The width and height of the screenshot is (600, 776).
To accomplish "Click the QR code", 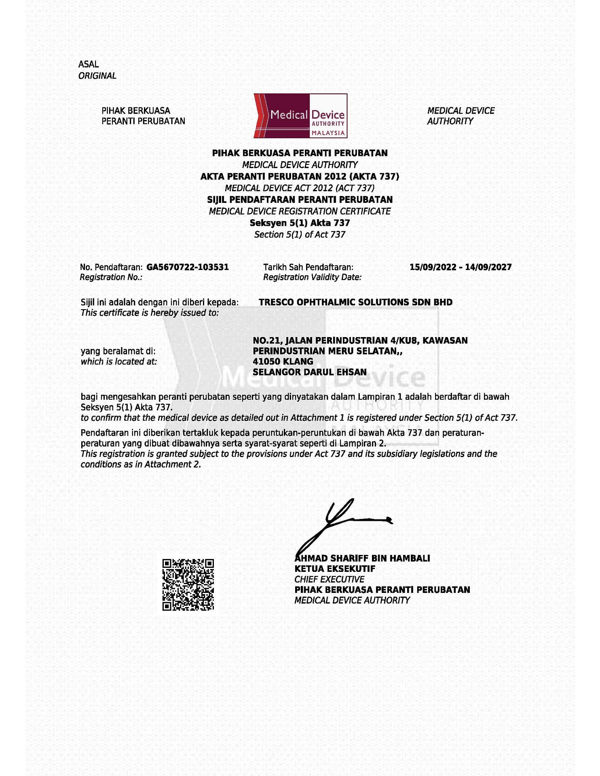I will coord(188,584).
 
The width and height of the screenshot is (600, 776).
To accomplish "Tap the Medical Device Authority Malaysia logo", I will coord(300,116).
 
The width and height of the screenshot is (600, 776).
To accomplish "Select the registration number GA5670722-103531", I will coord(188,267).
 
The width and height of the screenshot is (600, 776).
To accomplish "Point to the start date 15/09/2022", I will coord(433,267).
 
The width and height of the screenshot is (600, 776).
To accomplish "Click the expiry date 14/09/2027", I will coord(488,267).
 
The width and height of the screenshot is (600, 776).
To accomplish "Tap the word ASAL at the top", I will coord(89,64).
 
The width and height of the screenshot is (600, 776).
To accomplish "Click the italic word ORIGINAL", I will coord(97,76).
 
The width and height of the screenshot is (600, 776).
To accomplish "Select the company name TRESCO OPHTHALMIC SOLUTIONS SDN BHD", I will coord(355,302).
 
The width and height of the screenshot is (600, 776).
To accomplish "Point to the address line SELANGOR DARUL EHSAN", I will coord(310,372).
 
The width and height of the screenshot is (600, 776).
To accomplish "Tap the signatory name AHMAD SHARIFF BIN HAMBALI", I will coord(363,559).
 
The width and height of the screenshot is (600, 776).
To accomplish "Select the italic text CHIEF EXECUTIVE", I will coord(329,580).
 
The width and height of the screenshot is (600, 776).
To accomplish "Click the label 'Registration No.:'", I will coord(111,277).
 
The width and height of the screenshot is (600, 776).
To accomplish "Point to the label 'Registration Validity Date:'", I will coord(312,277).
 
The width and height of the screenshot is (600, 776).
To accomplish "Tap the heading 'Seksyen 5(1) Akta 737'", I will coord(300,223).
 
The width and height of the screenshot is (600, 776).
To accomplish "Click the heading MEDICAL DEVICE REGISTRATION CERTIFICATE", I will coord(300,211).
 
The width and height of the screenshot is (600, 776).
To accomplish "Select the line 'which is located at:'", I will coord(118,362).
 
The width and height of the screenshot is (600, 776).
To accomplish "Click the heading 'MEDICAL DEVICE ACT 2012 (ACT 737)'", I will coord(300,188).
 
